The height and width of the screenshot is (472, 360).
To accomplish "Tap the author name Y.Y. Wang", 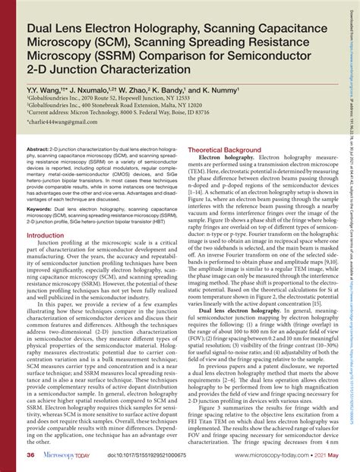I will [x=43, y=89].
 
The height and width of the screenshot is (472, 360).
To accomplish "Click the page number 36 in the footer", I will [x=31, y=455].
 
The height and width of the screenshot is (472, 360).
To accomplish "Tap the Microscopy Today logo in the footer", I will [x=70, y=455].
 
